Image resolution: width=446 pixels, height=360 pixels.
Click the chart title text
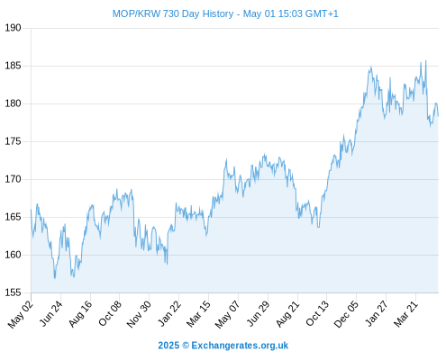pos(225,13)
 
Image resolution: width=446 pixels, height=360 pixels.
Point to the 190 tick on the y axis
pos(13,28)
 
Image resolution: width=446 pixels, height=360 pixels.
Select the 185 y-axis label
pos(13,66)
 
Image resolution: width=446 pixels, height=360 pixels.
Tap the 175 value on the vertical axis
pos(13,141)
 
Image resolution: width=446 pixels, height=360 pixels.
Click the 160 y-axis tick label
pos(13,255)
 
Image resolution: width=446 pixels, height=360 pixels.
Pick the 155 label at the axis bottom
pos(13,292)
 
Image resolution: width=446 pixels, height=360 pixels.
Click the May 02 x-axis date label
pos(20,314)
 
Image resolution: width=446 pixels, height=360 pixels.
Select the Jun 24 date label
pos(50,313)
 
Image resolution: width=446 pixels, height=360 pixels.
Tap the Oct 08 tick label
pos(110,313)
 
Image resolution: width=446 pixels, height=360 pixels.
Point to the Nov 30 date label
pos(139,314)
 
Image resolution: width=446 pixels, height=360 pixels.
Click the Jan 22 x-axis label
pos(169,313)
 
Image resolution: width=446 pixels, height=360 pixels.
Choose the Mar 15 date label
pos(198,314)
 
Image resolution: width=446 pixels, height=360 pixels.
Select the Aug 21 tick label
pos(287,314)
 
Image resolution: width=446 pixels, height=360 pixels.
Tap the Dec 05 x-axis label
pos(346,314)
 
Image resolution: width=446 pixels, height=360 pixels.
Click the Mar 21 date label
pos(405,314)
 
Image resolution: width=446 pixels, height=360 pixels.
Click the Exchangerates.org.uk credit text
pos(240,346)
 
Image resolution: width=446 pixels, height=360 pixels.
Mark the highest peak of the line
pos(425,61)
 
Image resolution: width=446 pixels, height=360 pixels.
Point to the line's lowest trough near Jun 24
pos(55,278)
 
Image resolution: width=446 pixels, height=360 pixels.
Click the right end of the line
pos(438,116)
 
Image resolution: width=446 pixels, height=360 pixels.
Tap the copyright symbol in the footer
pos(186,346)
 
